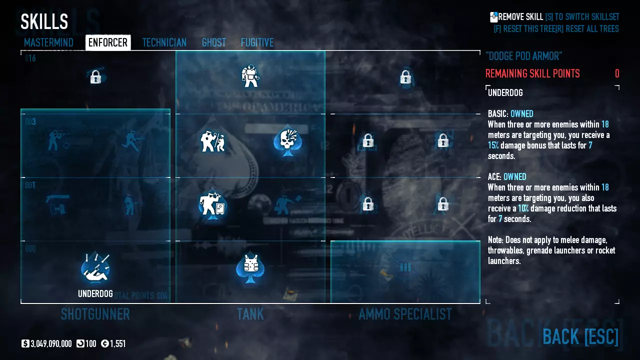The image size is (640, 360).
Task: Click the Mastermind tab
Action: [x=48, y=42]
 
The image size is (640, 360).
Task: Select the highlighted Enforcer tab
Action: [x=108, y=42]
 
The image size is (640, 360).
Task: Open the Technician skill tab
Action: [x=164, y=42]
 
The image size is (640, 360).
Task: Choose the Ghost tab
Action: [x=214, y=42]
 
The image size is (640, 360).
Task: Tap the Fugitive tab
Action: [x=257, y=42]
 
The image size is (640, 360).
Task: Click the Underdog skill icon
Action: [x=95, y=268]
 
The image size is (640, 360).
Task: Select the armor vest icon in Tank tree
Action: [x=250, y=267]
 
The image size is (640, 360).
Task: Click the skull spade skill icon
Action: [x=287, y=141]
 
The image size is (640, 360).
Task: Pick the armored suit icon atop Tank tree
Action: [x=250, y=76]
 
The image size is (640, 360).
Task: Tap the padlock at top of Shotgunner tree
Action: [x=95, y=77]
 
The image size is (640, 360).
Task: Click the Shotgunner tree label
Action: [x=95, y=314]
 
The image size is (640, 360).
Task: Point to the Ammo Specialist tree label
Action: [x=405, y=314]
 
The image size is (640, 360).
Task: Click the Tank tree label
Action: [x=250, y=314]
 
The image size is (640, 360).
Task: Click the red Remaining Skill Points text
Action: [x=532, y=74]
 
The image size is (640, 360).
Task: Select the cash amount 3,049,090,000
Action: [x=51, y=343]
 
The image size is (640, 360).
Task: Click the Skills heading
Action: [x=44, y=22]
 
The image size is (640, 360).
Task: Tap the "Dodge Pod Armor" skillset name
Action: [x=523, y=56]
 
